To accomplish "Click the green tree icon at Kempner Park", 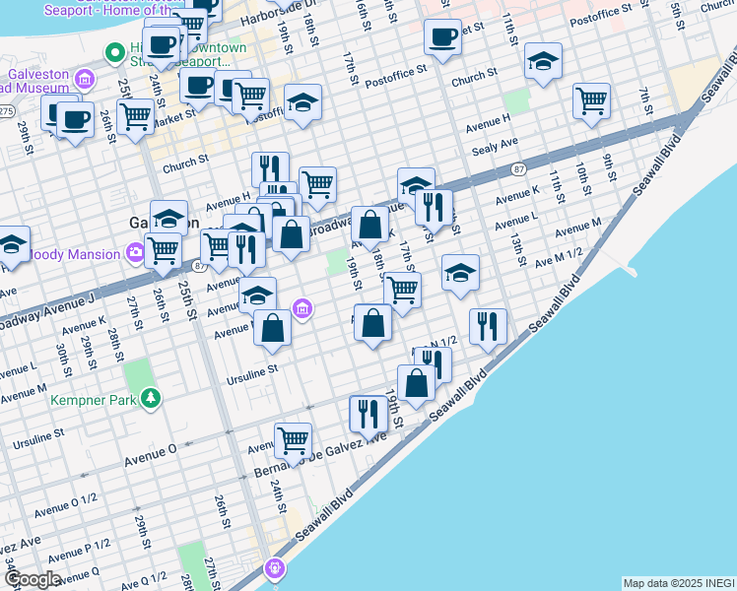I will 150,398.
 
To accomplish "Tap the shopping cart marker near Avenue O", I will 293,441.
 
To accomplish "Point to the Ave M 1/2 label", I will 559,263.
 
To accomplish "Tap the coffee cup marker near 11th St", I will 442,37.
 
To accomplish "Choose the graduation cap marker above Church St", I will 542,62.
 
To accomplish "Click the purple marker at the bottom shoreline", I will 275,567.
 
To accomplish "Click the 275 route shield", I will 6,111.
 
